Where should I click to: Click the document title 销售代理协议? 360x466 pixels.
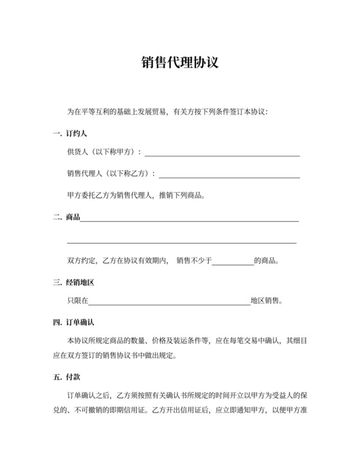[x=180, y=62]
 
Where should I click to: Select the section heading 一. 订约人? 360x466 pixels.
[x=70, y=133]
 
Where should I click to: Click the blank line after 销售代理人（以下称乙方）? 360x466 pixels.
[x=230, y=175]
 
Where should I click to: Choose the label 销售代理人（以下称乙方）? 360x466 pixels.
[x=111, y=174]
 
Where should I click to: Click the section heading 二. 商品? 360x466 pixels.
[x=66, y=217]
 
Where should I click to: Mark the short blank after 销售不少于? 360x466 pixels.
[x=233, y=264]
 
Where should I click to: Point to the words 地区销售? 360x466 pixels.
[x=266, y=300]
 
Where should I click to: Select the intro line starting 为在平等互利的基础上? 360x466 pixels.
[x=167, y=112]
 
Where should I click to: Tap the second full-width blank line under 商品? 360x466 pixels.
[x=182, y=242]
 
